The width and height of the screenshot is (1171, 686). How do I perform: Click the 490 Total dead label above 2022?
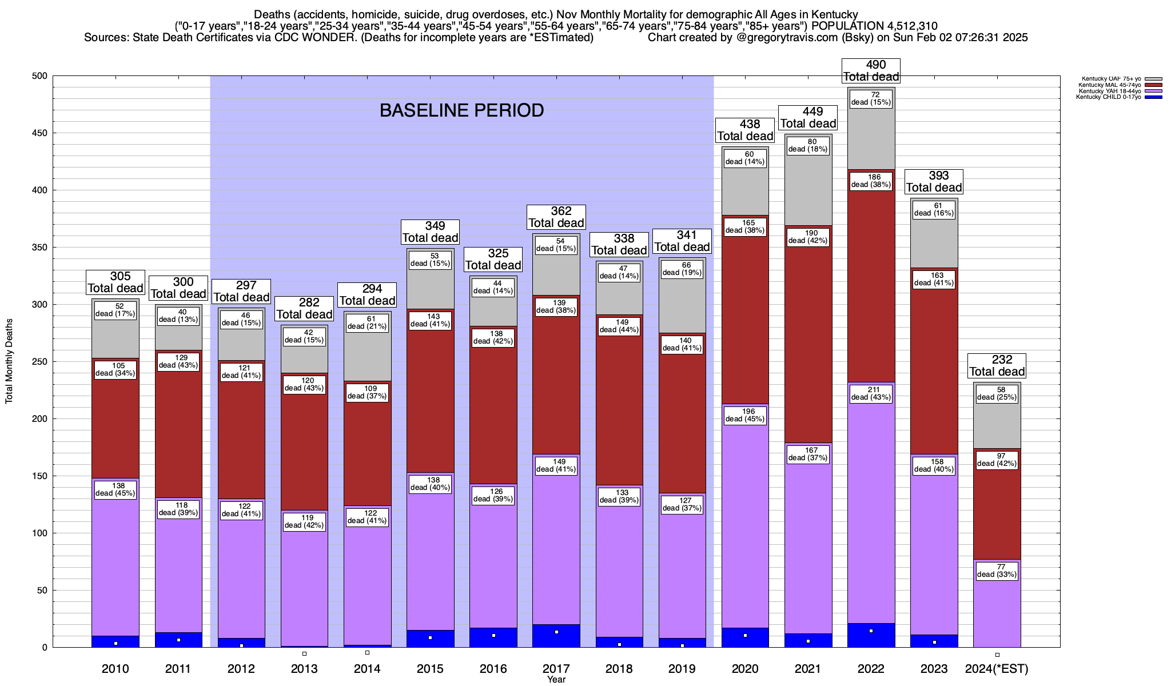point(871,71)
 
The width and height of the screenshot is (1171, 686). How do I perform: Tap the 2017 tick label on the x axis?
point(556,668)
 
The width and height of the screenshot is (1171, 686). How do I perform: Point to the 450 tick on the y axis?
point(42,133)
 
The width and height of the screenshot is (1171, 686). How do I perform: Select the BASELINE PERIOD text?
point(461,110)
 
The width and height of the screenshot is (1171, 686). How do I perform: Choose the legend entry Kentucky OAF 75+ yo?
point(1112,79)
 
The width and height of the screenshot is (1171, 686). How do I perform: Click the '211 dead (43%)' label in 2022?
point(871,393)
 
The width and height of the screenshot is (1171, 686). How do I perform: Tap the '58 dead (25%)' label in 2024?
point(997,393)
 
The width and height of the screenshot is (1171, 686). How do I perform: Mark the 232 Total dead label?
point(997,366)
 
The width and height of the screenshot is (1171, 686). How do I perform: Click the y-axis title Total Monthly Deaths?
point(9,361)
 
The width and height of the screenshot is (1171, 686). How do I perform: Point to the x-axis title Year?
point(556,679)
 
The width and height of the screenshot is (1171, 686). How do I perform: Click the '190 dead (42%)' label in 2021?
point(808,237)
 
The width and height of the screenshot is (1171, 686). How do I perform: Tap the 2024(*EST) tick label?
point(997,668)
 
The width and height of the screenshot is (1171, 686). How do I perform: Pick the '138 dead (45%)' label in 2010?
point(115,489)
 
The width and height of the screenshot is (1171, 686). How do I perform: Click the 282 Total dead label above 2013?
point(304,309)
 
